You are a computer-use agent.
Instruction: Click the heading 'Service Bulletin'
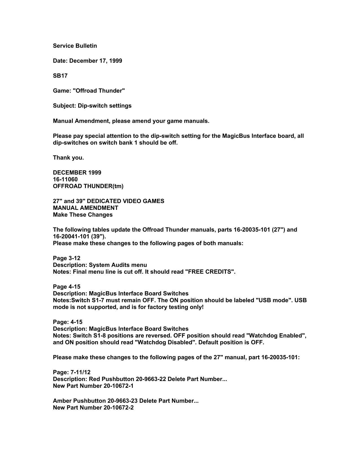pos(75,46)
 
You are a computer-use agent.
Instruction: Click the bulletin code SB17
pos(60,76)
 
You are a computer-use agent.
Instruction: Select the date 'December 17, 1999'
pos(95,61)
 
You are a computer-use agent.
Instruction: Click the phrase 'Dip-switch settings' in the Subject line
pos(104,106)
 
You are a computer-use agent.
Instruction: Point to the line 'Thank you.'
pos(68,158)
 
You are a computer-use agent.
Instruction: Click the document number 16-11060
pos(65,179)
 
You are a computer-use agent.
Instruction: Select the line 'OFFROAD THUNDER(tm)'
pos(88,186)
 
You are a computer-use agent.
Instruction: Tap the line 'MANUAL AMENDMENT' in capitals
pos(86,208)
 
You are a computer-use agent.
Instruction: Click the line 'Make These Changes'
pos(83,215)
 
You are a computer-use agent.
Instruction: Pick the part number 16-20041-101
pos(71,236)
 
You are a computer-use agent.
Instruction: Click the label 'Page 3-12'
pos(67,258)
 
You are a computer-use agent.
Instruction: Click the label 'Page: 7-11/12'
pos(72,372)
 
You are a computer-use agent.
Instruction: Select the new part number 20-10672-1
pos(119,386)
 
